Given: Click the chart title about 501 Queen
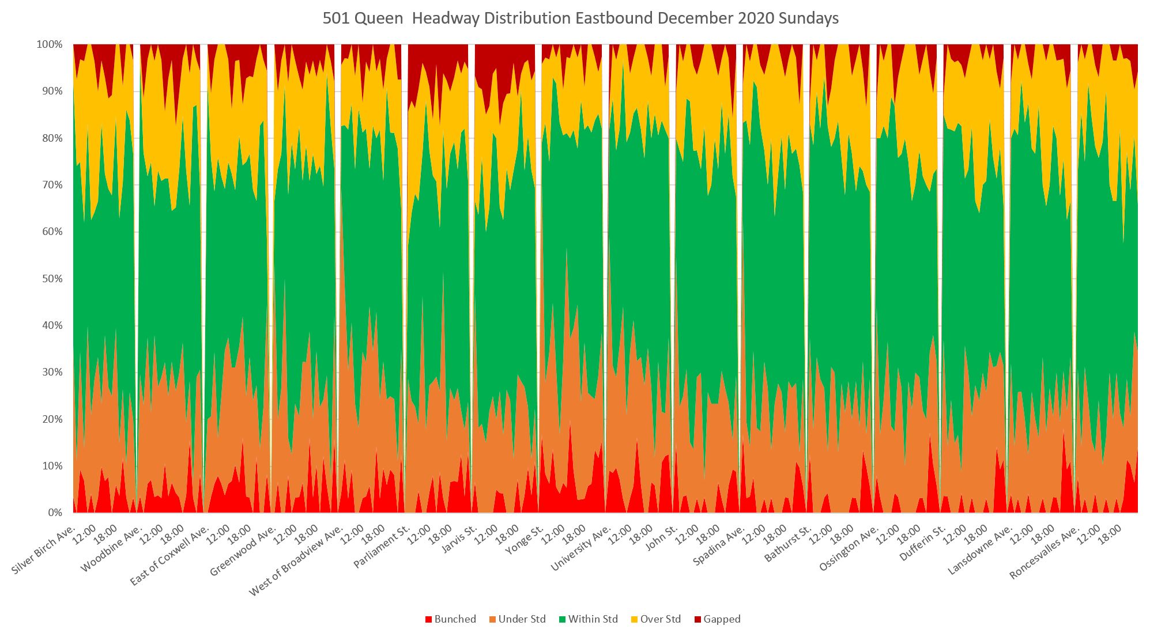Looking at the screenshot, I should (x=580, y=18).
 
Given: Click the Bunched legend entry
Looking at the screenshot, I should (x=450, y=619).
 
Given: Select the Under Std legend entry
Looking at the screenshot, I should (x=516, y=619).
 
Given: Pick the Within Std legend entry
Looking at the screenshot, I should (x=587, y=619).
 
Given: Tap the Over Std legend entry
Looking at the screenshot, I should (x=655, y=619).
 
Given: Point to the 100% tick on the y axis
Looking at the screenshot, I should (x=50, y=44).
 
